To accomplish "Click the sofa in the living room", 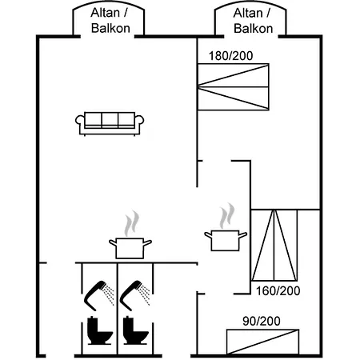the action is [x=110, y=124].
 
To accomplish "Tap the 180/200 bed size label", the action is [x=230, y=56].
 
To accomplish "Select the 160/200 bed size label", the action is [x=278, y=291].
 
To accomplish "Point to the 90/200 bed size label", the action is [x=262, y=321].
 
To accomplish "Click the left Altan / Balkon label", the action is [x=110, y=21].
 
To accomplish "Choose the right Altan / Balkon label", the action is [x=253, y=21].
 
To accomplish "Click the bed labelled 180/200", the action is [x=234, y=86].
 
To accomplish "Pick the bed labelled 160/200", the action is [x=274, y=246].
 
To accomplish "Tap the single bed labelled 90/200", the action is [x=262, y=342].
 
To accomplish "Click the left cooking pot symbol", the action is [x=130, y=248].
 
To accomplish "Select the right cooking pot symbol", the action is [x=226, y=241].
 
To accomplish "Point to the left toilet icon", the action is [x=99, y=330].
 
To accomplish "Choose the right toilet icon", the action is [x=135, y=330].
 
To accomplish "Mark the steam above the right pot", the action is [x=227, y=216].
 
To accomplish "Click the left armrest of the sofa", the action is [x=79, y=121].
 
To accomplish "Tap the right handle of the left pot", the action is [x=147, y=242].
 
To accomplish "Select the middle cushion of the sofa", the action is [x=110, y=119].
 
